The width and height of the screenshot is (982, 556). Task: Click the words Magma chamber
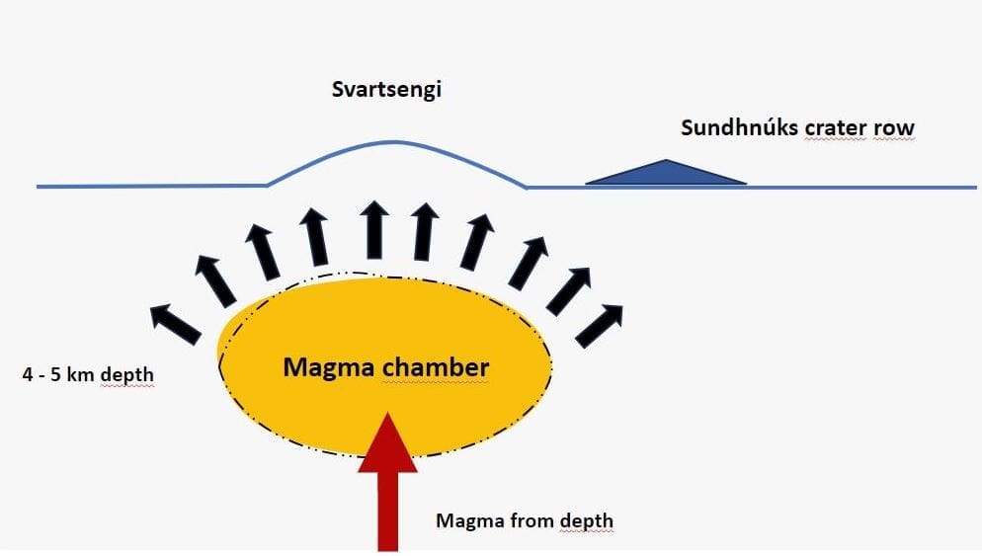pos(385,368)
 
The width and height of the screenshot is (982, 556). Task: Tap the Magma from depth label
pos(525,520)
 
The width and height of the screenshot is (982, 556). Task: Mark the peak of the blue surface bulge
pos(395,142)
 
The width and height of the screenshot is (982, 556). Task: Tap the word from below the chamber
pos(533,520)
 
